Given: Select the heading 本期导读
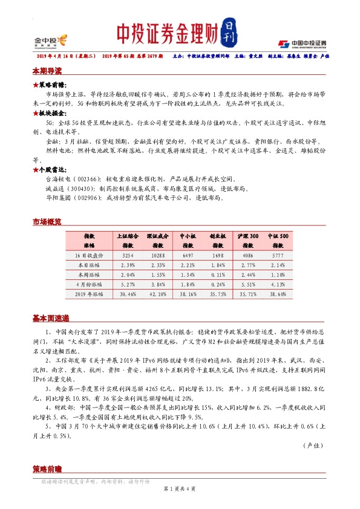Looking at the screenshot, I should [x=47, y=70].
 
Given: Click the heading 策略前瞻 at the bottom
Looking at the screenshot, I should [x=47, y=470].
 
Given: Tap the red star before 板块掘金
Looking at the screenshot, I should [x=36, y=113].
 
